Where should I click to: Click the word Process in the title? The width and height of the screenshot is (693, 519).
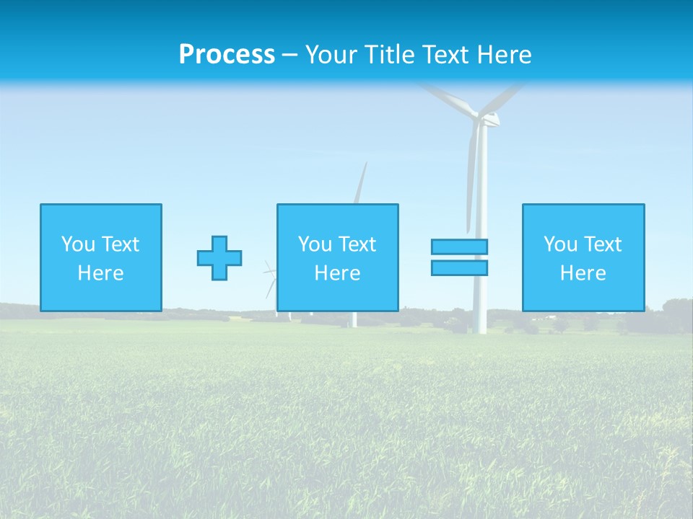tap(227, 55)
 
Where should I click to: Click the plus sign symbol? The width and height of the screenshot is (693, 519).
tap(219, 258)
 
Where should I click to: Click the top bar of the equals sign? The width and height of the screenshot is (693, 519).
tap(459, 247)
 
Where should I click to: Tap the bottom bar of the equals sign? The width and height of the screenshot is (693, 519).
tap(459, 268)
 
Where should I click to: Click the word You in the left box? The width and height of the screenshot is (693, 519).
tap(78, 244)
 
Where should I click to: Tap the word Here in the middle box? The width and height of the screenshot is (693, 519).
tap(337, 273)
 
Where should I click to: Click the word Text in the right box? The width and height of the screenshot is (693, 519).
tap(603, 244)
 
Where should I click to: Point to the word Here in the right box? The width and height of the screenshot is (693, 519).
tap(583, 273)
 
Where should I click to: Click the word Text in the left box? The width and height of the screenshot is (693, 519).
tap(121, 244)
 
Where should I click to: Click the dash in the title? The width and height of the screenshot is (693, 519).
tap(289, 56)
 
